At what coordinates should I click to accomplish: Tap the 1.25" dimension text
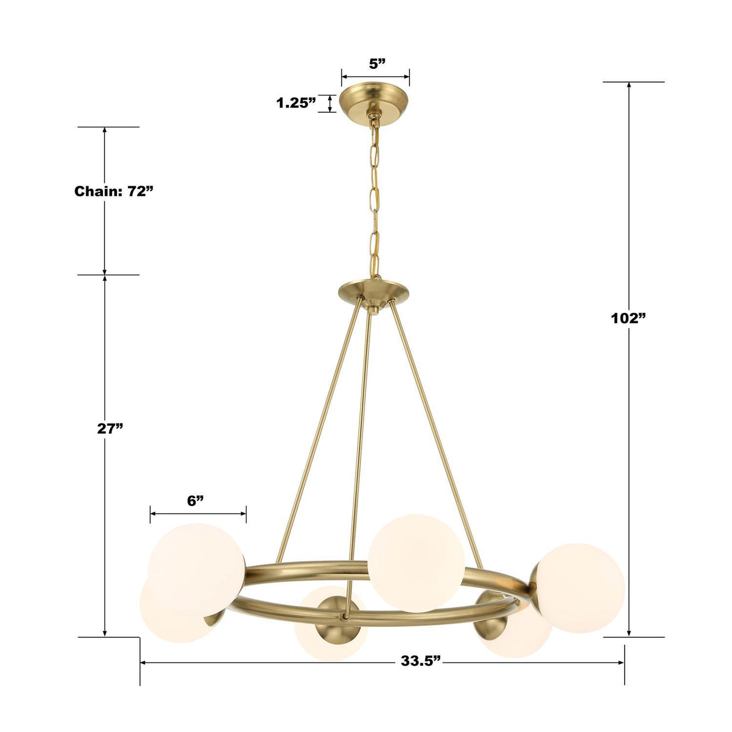296,103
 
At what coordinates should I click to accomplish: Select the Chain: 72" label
113,192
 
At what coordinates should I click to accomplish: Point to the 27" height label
110,428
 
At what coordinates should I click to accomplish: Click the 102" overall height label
628,318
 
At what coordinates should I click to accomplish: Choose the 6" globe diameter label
195,500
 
